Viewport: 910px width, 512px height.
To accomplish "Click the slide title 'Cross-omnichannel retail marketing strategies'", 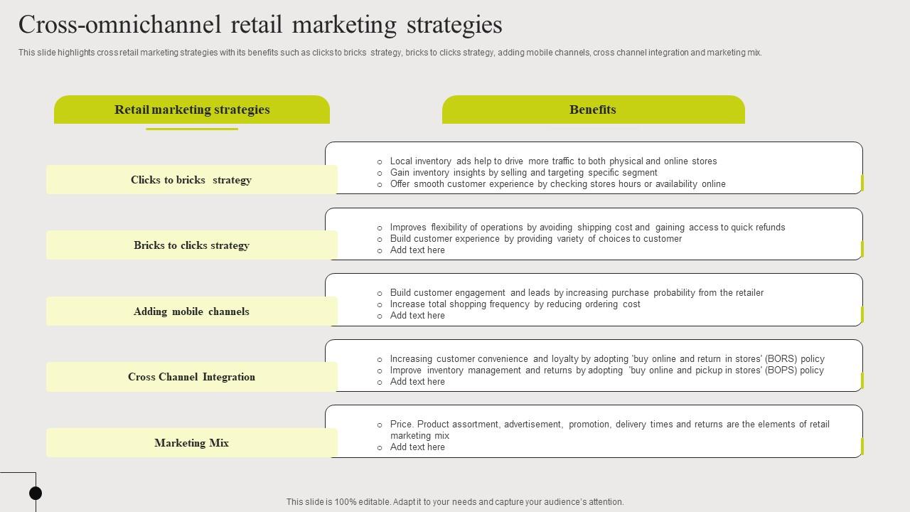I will [260, 25].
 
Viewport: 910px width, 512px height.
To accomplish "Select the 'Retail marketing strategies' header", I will [192, 110].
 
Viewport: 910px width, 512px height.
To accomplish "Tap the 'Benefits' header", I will [593, 110].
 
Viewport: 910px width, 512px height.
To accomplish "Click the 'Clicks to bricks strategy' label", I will [191, 180].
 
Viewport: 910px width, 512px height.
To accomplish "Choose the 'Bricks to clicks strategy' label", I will [191, 245].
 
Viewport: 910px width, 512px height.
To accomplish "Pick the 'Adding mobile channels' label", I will [191, 311].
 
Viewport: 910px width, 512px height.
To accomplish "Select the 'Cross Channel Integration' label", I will [191, 377].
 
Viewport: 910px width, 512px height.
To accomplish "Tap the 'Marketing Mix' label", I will [191, 443].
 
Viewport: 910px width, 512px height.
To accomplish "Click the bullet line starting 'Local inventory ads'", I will [553, 161].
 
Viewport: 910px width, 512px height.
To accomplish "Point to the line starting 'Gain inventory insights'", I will [523, 173].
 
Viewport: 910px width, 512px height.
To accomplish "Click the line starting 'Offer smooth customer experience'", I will [557, 184].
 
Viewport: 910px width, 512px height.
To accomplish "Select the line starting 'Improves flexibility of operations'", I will [587, 228].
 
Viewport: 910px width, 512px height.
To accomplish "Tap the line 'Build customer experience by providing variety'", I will [535, 239].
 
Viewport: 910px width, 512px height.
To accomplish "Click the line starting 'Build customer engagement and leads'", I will [577, 293].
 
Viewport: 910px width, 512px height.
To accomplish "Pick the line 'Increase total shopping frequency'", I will [515, 304].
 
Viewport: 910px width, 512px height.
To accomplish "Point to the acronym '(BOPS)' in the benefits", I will [781, 370].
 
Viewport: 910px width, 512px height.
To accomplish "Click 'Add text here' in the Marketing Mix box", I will [417, 447].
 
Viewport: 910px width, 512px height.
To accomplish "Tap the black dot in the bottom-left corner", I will [36, 493].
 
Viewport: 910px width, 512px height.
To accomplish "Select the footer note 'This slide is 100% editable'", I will [455, 502].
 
